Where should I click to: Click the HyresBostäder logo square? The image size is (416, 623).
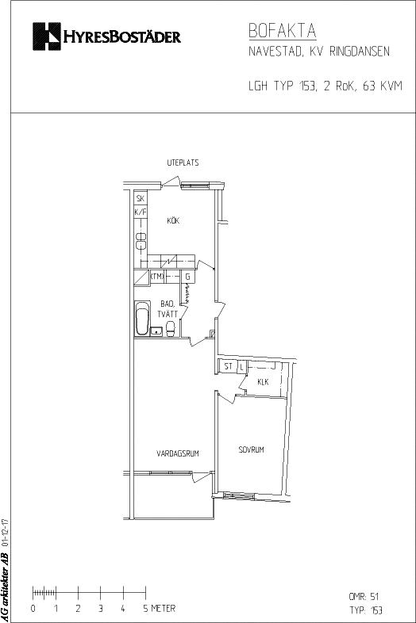click(47, 36)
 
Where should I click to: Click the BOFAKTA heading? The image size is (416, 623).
click(283, 31)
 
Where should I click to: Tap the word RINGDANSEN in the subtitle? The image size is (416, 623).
click(360, 52)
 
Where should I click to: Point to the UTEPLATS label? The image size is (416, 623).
click(183, 162)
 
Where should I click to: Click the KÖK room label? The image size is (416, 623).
click(173, 220)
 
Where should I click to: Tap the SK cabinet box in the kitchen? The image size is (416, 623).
click(141, 198)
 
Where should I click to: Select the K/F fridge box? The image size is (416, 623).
click(141, 212)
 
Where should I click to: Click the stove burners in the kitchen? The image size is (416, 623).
click(141, 241)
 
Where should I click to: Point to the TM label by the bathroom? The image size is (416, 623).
click(157, 276)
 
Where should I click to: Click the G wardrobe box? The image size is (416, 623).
click(188, 277)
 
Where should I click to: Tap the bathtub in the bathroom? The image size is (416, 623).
click(143, 319)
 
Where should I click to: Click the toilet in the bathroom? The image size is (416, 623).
click(171, 329)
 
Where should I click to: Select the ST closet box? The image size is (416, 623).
click(228, 366)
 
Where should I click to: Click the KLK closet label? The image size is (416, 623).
click(263, 382)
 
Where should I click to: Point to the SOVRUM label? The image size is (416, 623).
click(251, 449)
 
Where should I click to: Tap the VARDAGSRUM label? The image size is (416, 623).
click(178, 453)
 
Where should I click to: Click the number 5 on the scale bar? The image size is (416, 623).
click(146, 608)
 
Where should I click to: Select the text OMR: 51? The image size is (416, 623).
click(364, 596)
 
